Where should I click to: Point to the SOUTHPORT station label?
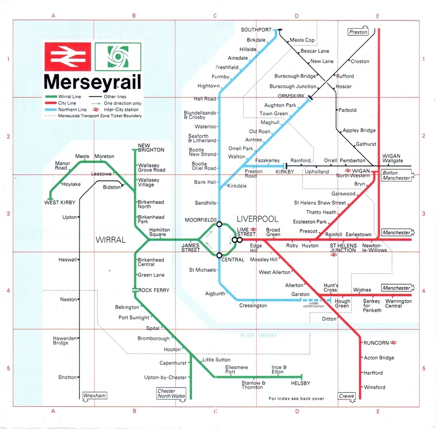[256, 30]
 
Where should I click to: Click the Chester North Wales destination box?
[171, 394]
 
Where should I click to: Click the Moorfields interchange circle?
[219, 224]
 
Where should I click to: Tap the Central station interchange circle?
[219, 255]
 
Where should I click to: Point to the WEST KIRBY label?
[60, 202]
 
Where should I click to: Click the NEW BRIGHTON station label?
[151, 147]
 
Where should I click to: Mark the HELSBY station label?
[300, 383]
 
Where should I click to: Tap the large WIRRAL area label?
[111, 240]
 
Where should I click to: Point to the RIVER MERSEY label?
[259, 336]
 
